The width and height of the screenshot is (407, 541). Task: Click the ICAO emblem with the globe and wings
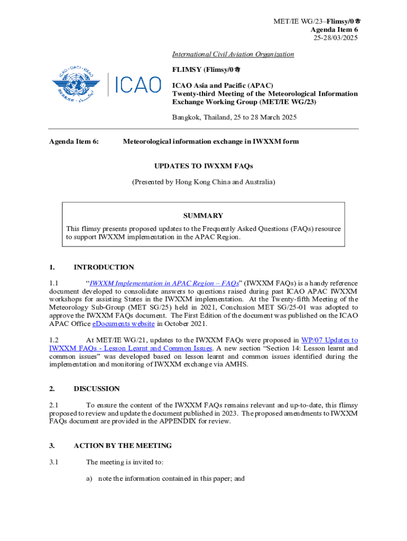pyautogui.click(x=76, y=83)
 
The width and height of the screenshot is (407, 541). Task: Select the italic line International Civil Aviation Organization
pyautogui.click(x=233, y=54)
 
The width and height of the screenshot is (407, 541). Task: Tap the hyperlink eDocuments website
pyautogui.click(x=124, y=324)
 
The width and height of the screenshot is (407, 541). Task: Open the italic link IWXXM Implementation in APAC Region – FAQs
pyautogui.click(x=163, y=283)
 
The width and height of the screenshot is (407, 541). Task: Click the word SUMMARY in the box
pyautogui.click(x=203, y=216)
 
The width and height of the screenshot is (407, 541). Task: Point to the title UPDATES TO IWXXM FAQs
pyautogui.click(x=203, y=166)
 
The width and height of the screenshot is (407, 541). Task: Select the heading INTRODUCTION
pyautogui.click(x=104, y=267)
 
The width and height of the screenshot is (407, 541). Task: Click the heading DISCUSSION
pyautogui.click(x=97, y=389)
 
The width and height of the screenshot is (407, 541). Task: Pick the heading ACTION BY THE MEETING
pyautogui.click(x=123, y=445)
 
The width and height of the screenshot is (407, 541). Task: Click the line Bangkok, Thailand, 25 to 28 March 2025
pyautogui.click(x=234, y=117)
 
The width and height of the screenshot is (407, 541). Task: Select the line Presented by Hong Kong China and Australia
pyautogui.click(x=203, y=182)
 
